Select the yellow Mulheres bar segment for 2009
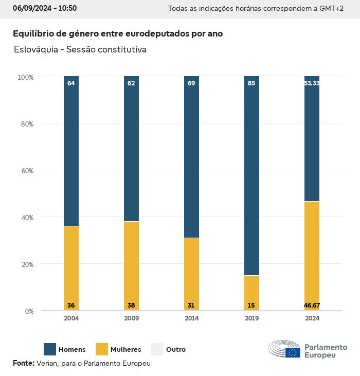point(131,265)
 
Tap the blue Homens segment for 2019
point(251,175)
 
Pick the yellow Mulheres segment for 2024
point(312,256)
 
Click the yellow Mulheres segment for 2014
point(191,274)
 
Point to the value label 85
point(251,83)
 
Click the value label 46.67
point(312,306)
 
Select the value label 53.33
point(312,83)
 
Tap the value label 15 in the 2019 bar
point(251,306)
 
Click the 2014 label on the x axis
point(191,318)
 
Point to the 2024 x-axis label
point(312,318)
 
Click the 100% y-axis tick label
point(25,77)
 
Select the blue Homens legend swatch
point(50,349)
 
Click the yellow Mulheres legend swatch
point(102,349)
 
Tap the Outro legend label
point(176,350)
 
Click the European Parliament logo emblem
point(284,349)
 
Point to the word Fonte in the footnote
point(23,363)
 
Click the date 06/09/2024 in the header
point(31,8)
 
